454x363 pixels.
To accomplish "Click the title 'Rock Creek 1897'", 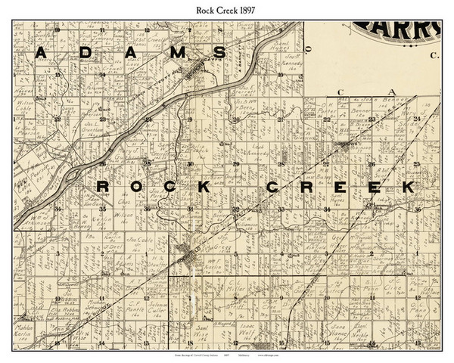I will [x=226, y=8].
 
